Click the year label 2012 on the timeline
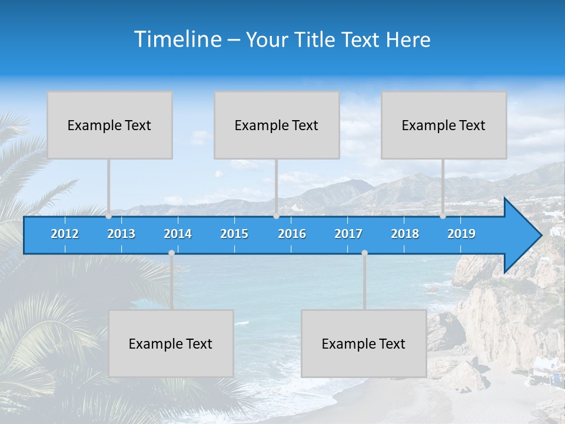(x=65, y=234)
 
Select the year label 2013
(x=121, y=234)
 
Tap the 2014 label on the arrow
(x=178, y=234)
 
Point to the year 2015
(x=234, y=234)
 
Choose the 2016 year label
(x=292, y=234)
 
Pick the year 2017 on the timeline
(x=348, y=234)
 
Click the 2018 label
(x=405, y=234)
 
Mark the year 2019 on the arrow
(x=461, y=234)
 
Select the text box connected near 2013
(x=109, y=125)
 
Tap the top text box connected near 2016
(x=277, y=125)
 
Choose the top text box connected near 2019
(x=444, y=125)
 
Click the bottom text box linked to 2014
(x=171, y=343)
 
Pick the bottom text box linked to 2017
(x=364, y=343)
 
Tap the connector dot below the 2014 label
(x=171, y=253)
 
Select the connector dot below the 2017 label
(x=364, y=253)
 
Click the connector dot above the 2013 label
(x=109, y=216)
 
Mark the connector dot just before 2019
(x=443, y=216)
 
